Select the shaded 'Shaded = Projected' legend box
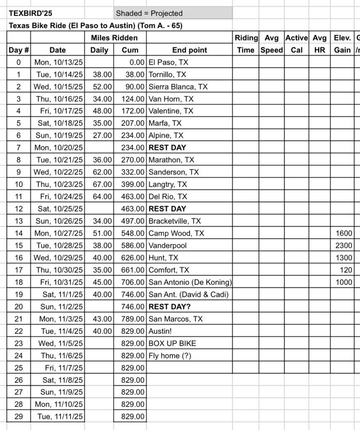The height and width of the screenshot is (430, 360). click(x=173, y=13)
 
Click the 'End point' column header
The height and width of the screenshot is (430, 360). click(x=189, y=50)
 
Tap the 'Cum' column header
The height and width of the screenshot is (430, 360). click(x=130, y=50)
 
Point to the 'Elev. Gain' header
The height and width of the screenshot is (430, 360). click(x=342, y=44)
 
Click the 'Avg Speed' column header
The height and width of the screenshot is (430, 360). click(x=271, y=44)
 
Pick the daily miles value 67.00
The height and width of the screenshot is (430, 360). click(x=102, y=184)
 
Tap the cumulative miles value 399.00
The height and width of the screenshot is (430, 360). click(x=130, y=184)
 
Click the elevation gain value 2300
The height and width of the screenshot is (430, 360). click(x=344, y=246)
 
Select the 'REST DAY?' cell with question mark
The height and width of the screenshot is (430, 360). click(x=170, y=307)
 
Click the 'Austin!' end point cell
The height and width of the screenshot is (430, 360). click(x=161, y=331)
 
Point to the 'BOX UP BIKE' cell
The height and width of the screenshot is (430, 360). click(x=172, y=343)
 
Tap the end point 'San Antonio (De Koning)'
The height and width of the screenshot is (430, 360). click(x=190, y=282)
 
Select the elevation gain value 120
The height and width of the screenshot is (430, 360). click(x=346, y=270)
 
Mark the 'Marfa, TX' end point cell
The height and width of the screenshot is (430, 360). click(x=165, y=123)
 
